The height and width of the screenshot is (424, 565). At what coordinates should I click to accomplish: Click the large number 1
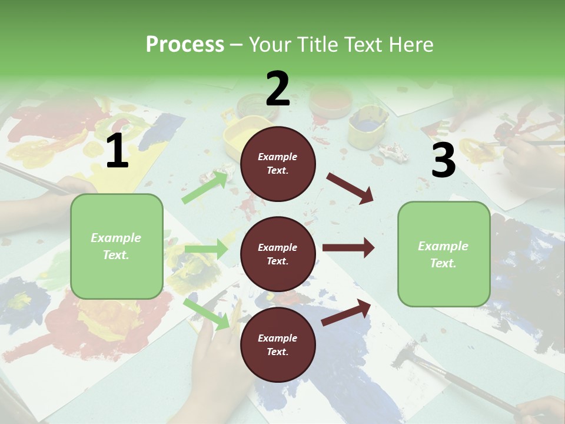coord(117,151)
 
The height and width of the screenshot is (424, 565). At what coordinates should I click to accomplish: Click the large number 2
coord(278,89)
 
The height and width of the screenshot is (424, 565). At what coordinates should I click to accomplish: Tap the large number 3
coord(443,160)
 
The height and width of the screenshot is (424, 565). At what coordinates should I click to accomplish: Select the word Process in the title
coord(185,44)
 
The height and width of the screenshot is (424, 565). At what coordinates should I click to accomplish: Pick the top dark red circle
coord(278,164)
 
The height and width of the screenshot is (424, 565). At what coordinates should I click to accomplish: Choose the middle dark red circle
coord(278,254)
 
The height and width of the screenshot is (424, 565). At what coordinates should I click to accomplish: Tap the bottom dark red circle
coord(278,344)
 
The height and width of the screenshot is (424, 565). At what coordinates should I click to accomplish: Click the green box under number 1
coord(117,246)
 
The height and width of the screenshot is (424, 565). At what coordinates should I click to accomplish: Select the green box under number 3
coord(443,254)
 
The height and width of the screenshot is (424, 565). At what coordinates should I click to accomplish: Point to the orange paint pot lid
coord(329,101)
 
